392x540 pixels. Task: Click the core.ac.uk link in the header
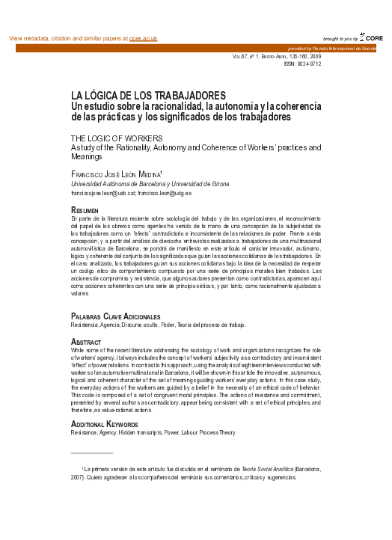[x=143, y=38]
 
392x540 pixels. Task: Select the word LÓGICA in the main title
[x=102, y=96]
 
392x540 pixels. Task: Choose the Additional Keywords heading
[x=109, y=423]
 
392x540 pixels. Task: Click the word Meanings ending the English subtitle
[x=86, y=157]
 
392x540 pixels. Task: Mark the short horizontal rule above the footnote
[x=91, y=453]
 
